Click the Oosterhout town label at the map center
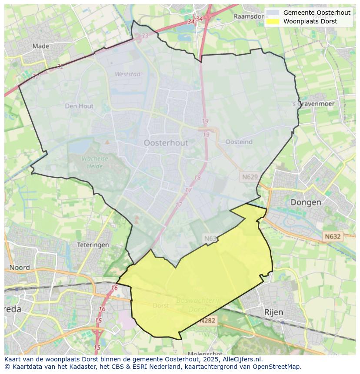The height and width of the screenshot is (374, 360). [166, 142]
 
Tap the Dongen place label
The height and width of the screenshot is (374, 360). [306, 202]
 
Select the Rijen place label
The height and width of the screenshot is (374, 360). [273, 312]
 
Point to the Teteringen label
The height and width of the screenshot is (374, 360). [93, 245]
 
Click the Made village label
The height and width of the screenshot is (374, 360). [41, 46]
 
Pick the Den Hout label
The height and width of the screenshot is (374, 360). [79, 106]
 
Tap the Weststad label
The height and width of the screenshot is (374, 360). [127, 74]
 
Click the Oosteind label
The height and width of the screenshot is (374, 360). [239, 142]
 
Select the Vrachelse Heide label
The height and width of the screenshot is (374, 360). [94, 162]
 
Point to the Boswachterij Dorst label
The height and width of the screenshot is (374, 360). [193, 305]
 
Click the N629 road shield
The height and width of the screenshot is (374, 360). [249, 177]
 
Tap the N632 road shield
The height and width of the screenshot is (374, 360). [332, 237]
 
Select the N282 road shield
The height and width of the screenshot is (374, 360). [207, 321]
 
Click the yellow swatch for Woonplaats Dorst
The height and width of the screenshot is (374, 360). [273, 21]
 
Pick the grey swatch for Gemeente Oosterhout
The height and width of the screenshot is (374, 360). [273, 13]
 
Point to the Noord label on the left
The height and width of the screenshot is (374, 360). [20, 268]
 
